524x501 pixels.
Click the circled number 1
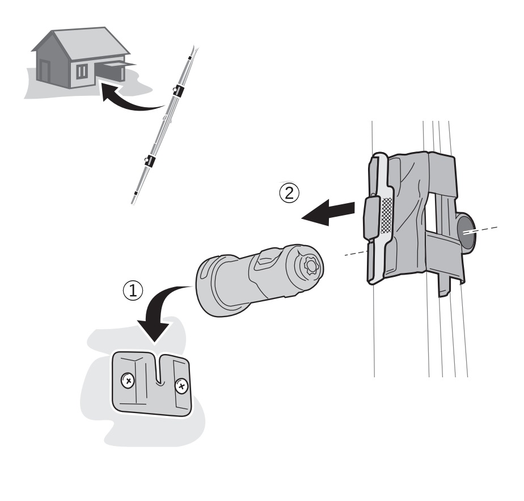(x=133, y=291)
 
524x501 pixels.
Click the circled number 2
(x=289, y=193)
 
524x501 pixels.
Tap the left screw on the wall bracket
(x=128, y=380)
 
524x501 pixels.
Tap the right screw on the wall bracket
(x=182, y=386)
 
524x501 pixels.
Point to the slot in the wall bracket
(x=160, y=369)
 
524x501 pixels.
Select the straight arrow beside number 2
(x=328, y=213)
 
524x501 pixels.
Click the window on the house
(x=82, y=71)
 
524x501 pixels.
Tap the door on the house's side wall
(x=44, y=71)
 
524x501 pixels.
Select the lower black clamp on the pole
(x=149, y=161)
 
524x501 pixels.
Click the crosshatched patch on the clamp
(x=386, y=216)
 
